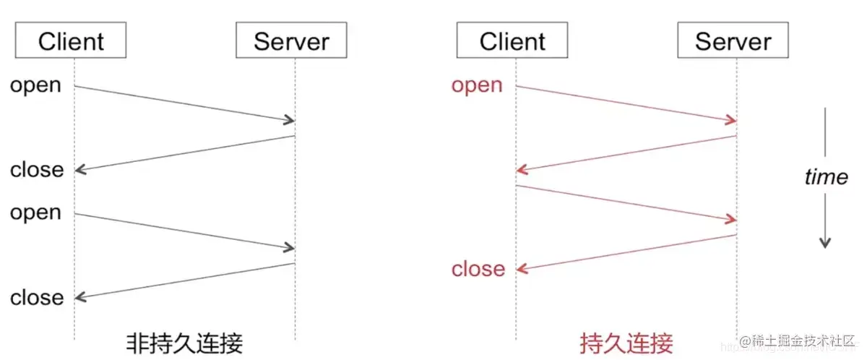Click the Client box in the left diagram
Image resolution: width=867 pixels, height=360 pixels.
[x=71, y=42]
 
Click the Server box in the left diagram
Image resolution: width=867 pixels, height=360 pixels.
[x=291, y=42]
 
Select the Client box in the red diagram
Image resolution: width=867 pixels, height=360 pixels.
[x=512, y=42]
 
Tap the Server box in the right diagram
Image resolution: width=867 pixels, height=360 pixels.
[x=733, y=42]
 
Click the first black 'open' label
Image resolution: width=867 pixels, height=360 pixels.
[x=35, y=85]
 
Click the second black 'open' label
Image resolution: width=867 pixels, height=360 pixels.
[x=35, y=213]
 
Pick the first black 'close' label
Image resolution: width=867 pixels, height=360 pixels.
[x=37, y=170]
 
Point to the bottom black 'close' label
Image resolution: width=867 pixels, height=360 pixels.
[x=37, y=297]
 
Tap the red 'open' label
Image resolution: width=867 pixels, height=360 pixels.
[x=477, y=85]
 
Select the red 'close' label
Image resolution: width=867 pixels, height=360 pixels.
[x=478, y=269]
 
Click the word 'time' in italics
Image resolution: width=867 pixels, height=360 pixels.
[x=826, y=177]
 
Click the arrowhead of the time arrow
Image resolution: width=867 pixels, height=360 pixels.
[x=825, y=243]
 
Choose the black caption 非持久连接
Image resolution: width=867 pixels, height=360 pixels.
[x=185, y=342]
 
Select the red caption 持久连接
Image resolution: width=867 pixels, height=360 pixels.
[x=626, y=342]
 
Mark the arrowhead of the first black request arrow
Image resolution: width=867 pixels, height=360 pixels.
[x=290, y=120]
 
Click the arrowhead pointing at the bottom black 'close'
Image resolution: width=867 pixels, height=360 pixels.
[x=79, y=297]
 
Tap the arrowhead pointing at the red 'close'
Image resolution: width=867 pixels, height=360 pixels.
[x=521, y=269]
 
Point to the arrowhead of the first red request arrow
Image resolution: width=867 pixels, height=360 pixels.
[x=731, y=120]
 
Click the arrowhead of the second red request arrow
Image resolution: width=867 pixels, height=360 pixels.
[x=731, y=219]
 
